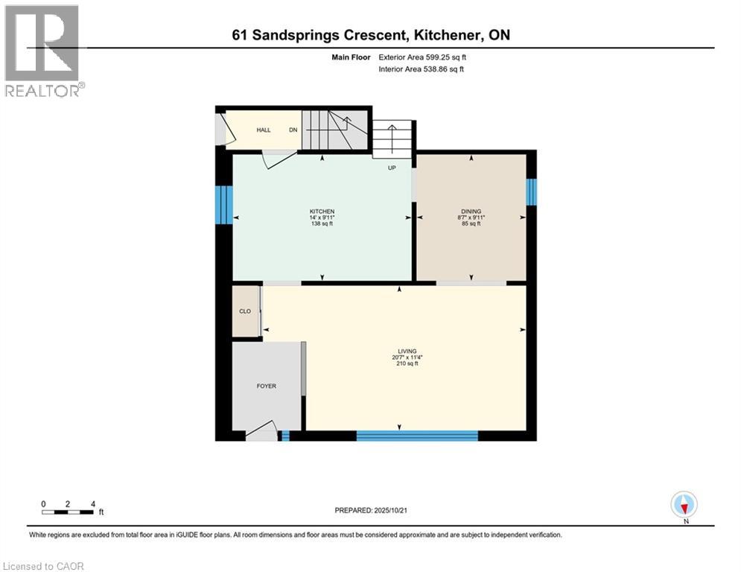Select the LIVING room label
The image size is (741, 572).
(407, 351)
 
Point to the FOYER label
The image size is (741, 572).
(266, 386)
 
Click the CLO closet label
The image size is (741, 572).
(244, 311)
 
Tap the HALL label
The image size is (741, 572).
(264, 130)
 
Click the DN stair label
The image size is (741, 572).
(293, 130)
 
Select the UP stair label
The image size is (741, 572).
(391, 168)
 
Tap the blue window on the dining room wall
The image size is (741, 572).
(530, 191)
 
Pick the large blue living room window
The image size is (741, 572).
(417, 436)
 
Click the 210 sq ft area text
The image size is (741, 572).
(407, 363)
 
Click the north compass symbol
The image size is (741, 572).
(683, 504)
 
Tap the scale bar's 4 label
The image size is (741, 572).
(92, 503)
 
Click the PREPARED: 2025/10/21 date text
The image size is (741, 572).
(370, 510)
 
